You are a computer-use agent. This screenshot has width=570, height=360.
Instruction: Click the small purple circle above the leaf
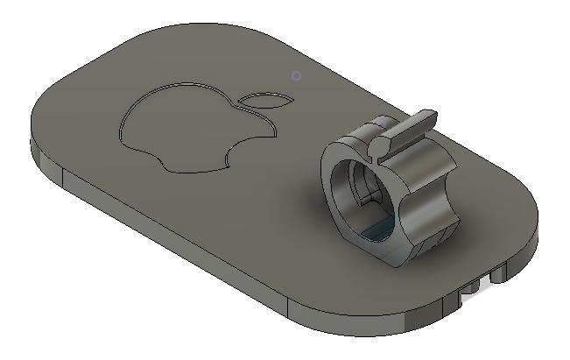tap(296, 76)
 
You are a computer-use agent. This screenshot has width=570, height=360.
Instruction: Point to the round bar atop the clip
tap(406, 128)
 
